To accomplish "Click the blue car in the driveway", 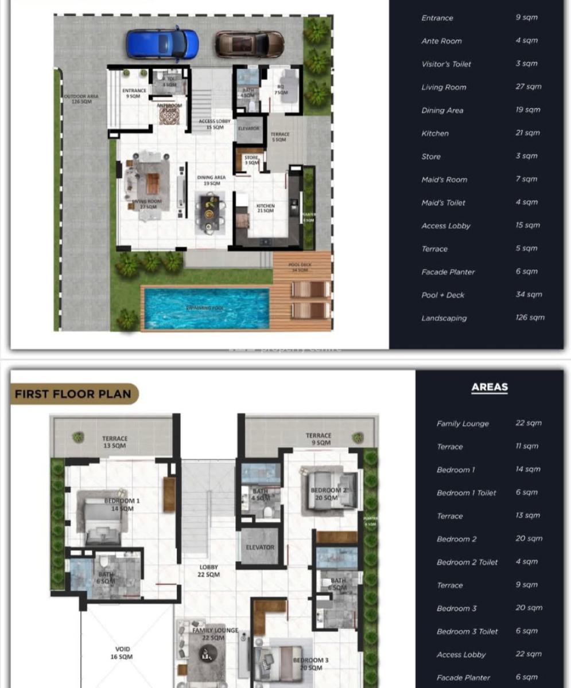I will click(162, 44).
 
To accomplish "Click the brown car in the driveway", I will click(250, 44).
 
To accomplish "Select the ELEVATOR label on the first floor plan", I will click(260, 548).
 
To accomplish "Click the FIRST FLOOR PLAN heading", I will click(73, 394).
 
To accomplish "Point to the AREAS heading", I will click(490, 388).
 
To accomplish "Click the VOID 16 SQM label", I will click(122, 653).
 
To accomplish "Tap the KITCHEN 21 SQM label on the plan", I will click(265, 208).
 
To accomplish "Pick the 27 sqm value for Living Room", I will click(528, 87).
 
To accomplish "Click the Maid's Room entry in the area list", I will click(444, 179).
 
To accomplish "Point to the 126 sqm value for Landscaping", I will click(530, 318).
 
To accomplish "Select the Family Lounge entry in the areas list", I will click(463, 424).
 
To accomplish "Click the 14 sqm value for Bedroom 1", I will click(528, 470).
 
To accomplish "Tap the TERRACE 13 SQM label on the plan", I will click(115, 441).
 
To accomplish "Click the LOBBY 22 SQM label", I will click(208, 570).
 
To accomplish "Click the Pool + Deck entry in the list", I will click(442, 295).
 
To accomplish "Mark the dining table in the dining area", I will click(209, 215).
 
